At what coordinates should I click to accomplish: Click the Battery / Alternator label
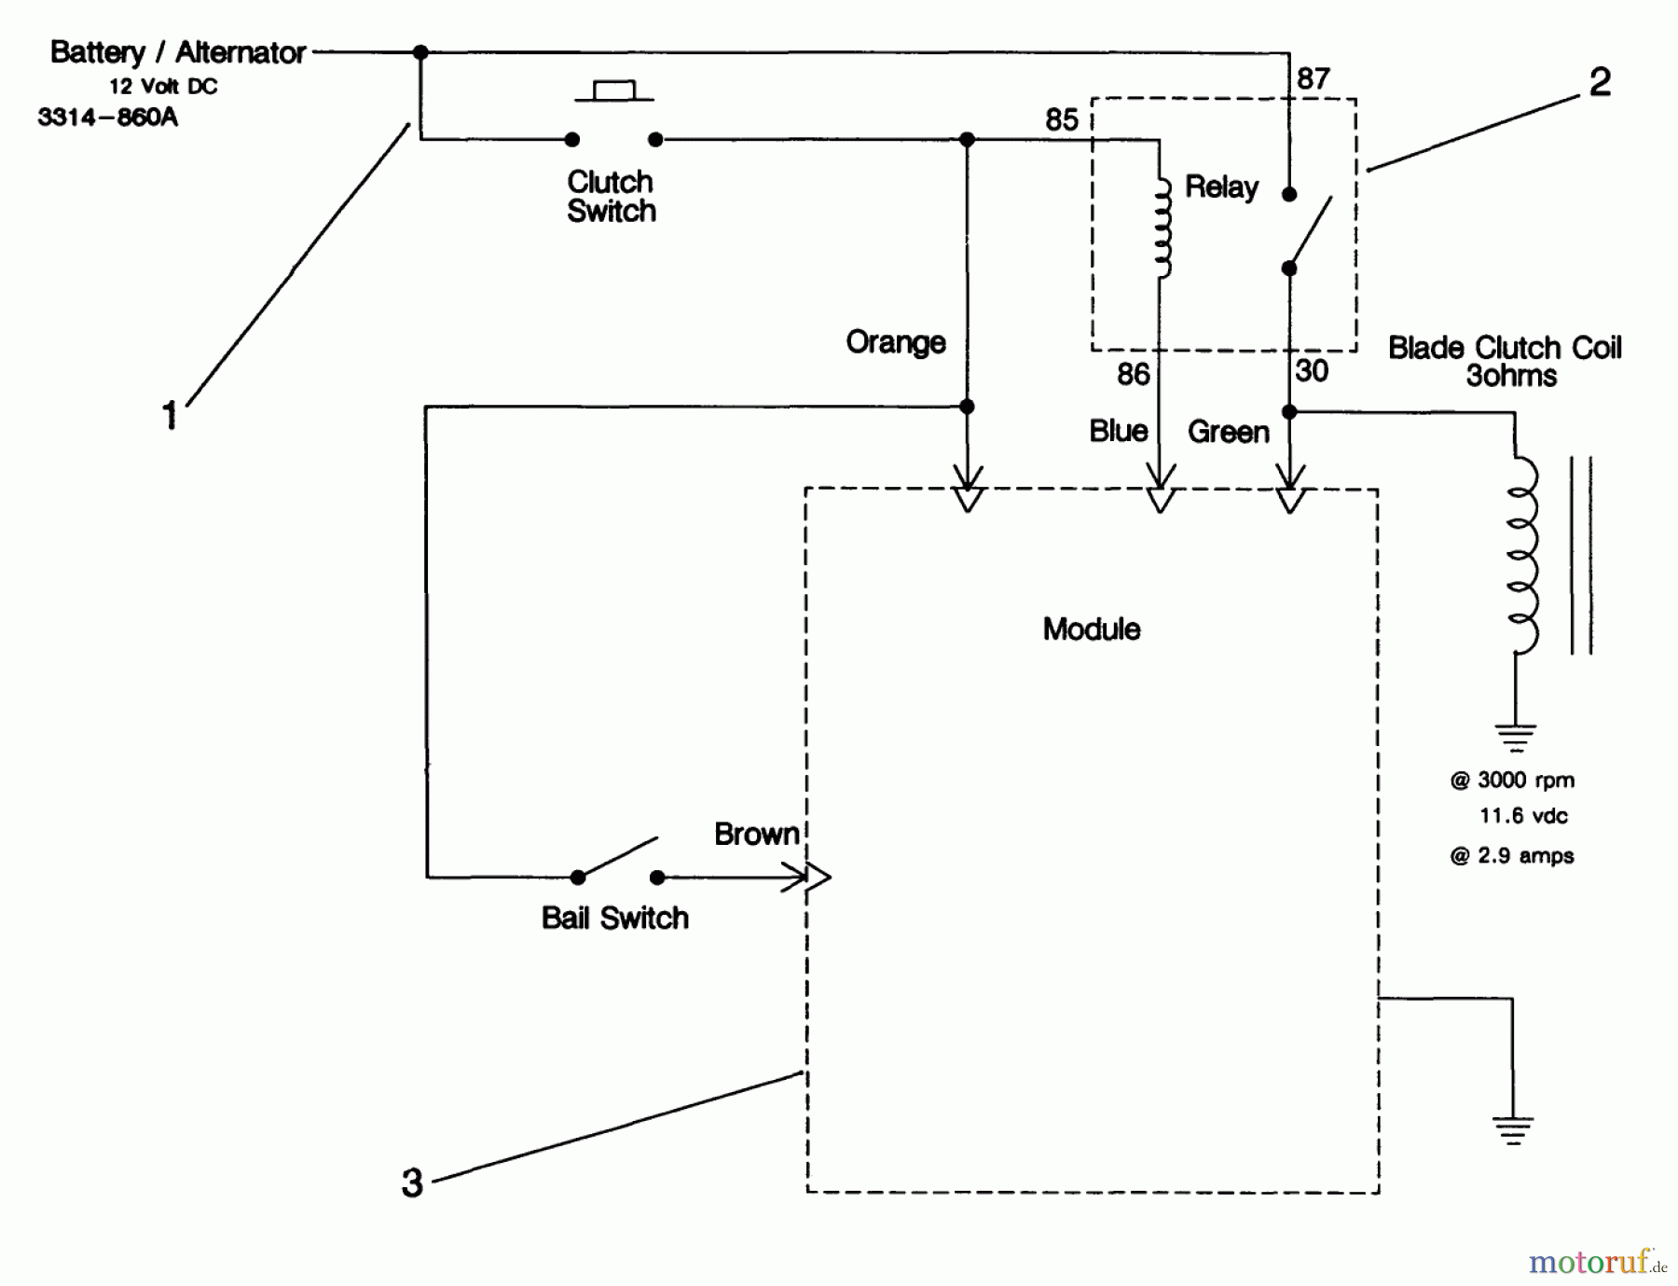point(177,52)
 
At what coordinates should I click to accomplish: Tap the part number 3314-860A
point(107,118)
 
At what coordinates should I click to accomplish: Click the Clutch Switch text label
point(611,196)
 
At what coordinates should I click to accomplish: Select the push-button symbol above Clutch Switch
point(613,91)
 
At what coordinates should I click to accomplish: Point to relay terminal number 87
point(1313,79)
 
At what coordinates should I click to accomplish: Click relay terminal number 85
point(1061,120)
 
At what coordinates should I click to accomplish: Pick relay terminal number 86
point(1133,375)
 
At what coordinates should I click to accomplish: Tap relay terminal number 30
point(1311,371)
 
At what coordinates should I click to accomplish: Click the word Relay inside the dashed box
point(1221,187)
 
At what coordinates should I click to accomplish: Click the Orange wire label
point(895,342)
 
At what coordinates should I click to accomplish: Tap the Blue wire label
point(1118,431)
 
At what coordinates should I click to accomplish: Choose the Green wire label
point(1228,432)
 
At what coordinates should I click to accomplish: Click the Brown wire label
point(756,834)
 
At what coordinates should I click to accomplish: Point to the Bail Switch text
point(614,918)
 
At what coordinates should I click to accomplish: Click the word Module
point(1091,629)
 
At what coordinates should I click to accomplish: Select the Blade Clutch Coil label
point(1504,349)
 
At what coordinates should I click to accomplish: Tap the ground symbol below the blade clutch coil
point(1515,737)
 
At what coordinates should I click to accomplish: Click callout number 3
point(412,1183)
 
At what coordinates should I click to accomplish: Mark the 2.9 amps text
point(1511,856)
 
